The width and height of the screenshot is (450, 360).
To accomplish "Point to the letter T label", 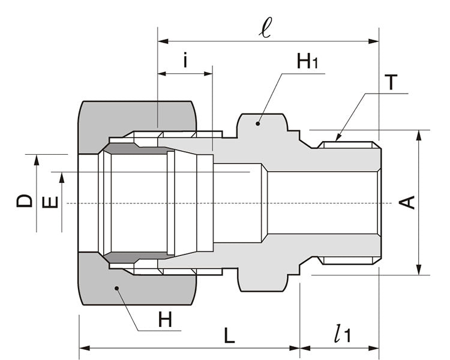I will point(391,82).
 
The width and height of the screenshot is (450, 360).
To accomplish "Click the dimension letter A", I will point(407,203).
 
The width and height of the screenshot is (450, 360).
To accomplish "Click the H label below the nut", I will point(168,320).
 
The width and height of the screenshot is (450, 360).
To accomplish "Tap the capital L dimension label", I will point(229,335).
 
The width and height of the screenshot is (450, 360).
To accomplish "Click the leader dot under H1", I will point(258,123).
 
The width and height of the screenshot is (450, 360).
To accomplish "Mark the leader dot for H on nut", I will point(117,289).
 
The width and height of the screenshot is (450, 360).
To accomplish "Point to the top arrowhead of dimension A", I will point(419,134).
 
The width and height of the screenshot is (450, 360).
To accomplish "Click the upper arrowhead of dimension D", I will point(37,158).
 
